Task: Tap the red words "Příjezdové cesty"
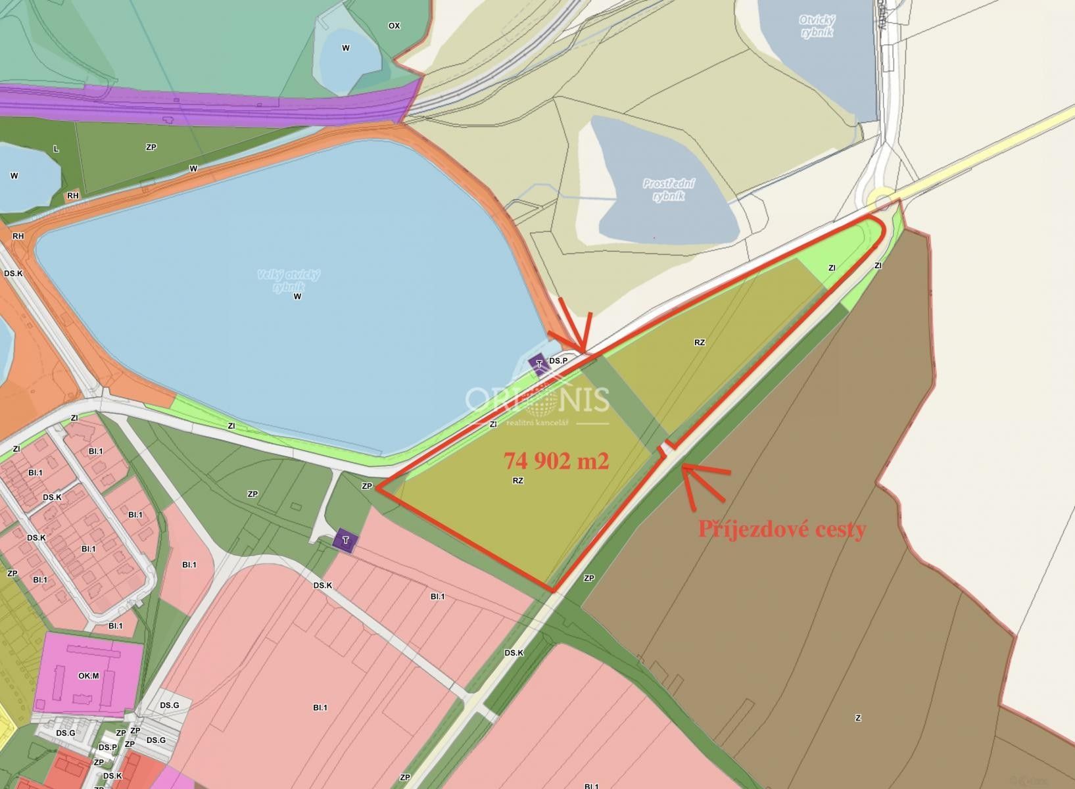(x=782, y=529)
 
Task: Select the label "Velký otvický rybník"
(x=289, y=280)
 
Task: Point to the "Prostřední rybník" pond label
(x=669, y=189)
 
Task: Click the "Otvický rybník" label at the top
(x=817, y=26)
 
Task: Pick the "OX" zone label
(x=394, y=26)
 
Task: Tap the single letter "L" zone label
(x=56, y=149)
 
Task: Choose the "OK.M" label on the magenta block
(x=88, y=676)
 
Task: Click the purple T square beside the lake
(x=539, y=364)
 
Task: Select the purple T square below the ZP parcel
(x=345, y=540)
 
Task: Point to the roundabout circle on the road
(x=880, y=200)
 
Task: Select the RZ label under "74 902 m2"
(x=518, y=481)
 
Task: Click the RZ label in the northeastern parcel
(x=700, y=343)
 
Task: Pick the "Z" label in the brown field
(x=858, y=718)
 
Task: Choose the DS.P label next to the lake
(x=558, y=361)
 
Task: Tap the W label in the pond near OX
(x=346, y=48)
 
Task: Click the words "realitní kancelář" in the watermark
(x=537, y=423)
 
